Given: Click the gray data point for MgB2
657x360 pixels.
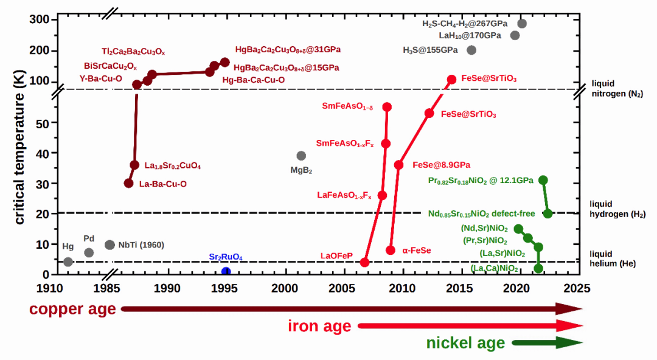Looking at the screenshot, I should (301, 156).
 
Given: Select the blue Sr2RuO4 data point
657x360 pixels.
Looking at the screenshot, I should (226, 272).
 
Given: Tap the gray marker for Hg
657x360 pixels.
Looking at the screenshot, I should (68, 262).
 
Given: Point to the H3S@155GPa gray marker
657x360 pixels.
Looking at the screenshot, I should (471, 50).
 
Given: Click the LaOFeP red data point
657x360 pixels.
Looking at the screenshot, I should (365, 262).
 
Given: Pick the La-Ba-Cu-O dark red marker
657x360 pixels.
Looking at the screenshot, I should (128, 183).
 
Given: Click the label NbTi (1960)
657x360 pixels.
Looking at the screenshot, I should (141, 245).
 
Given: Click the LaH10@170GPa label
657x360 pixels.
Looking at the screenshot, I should (470, 35).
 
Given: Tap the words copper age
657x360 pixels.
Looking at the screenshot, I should (72, 310).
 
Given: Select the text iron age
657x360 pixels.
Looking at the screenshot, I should (319, 327).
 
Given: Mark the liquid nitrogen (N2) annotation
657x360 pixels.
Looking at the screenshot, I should (617, 88).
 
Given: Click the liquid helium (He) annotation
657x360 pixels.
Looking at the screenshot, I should (614, 258).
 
